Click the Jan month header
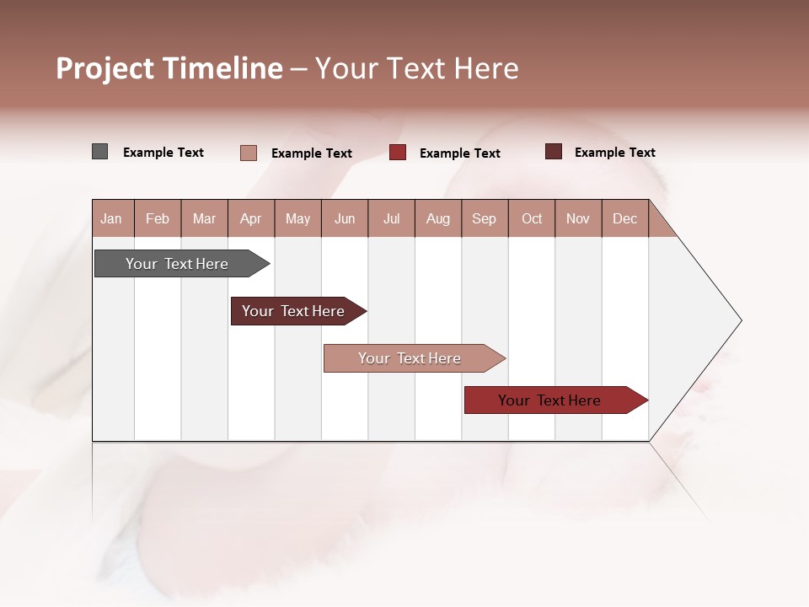click(x=111, y=218)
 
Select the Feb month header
click(x=158, y=218)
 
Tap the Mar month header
click(x=204, y=218)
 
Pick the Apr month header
click(x=251, y=218)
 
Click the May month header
click(x=297, y=218)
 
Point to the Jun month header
click(x=345, y=218)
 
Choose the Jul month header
click(x=391, y=218)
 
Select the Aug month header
click(x=438, y=218)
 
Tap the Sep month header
click(x=485, y=218)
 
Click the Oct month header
click(x=532, y=218)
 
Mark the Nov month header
click(x=578, y=218)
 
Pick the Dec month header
click(x=625, y=218)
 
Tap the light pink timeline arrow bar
click(x=410, y=358)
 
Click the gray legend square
click(x=99, y=152)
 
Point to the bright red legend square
click(x=398, y=153)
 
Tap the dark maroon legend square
click(x=553, y=152)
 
